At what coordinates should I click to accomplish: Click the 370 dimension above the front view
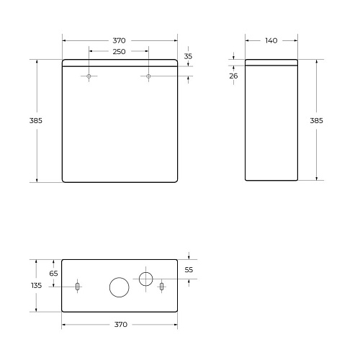pyautogui.click(x=119, y=40)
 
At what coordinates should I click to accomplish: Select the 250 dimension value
pyautogui.click(x=119, y=52)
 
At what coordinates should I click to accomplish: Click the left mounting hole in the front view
pyautogui.click(x=89, y=76)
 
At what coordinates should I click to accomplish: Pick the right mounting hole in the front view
pyautogui.click(x=148, y=76)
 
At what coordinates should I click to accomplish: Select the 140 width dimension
pyautogui.click(x=271, y=40)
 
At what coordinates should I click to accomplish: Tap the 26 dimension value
pyautogui.click(x=234, y=76)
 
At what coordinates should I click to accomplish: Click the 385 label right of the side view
pyautogui.click(x=316, y=120)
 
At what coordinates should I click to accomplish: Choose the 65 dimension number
pyautogui.click(x=53, y=273)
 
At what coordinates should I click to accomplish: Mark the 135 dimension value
pyautogui.click(x=37, y=286)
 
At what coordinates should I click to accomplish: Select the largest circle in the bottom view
pyautogui.click(x=119, y=287)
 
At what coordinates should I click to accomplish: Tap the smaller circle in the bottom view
pyautogui.click(x=146, y=278)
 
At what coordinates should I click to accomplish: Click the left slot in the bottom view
pyautogui.click(x=78, y=287)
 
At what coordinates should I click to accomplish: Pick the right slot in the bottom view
pyautogui.click(x=161, y=287)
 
